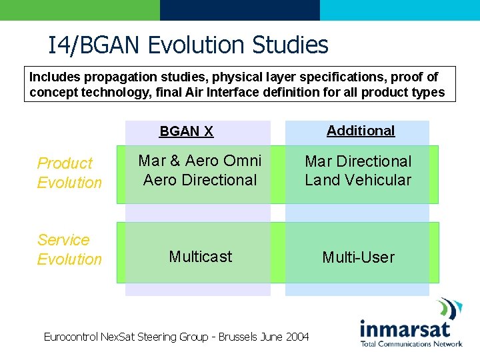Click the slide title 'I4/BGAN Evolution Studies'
point(188,45)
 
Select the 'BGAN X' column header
point(186,131)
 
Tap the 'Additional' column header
point(361,131)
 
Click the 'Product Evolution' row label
point(69,173)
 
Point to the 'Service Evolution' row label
point(69,249)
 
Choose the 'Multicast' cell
point(200,257)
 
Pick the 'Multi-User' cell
point(358,257)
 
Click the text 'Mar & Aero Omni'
point(200,161)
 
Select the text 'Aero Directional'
point(200,180)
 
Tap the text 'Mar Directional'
point(358,161)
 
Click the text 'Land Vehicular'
point(358,180)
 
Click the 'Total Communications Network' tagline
point(411,344)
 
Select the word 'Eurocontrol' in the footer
point(71,337)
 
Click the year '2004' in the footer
point(297,337)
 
